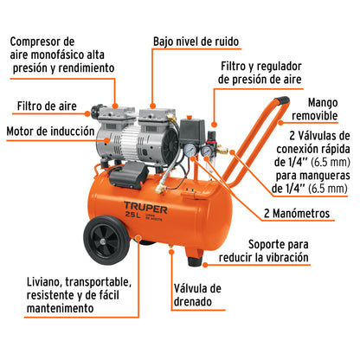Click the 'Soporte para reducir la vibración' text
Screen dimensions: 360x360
[299, 251]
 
